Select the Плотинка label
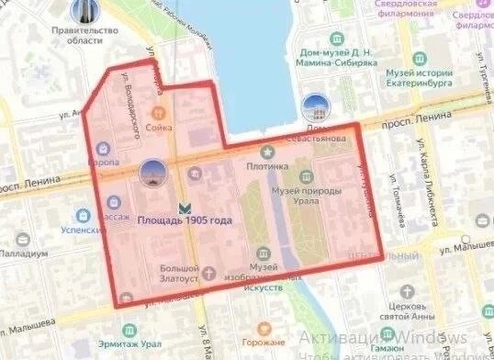coord(267,166)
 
